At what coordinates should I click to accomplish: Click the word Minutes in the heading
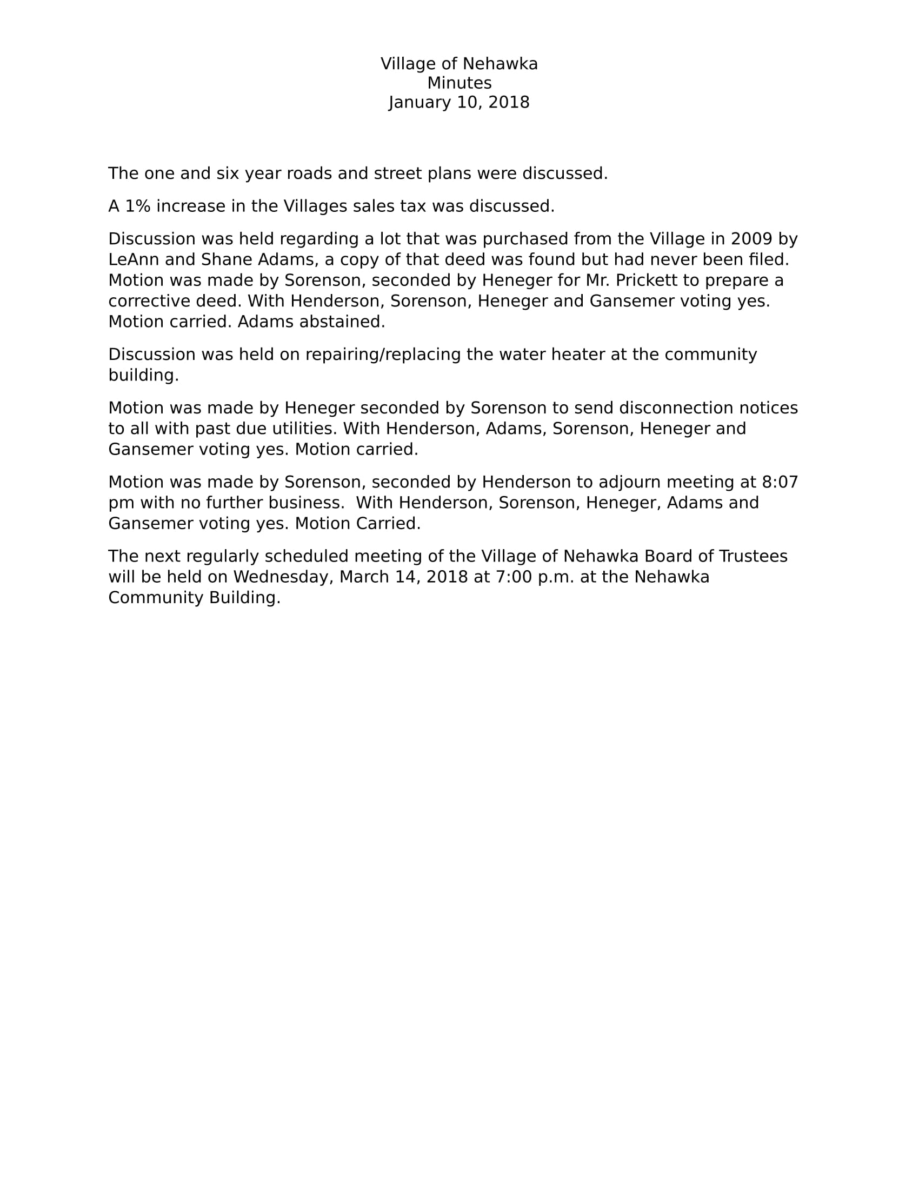pos(459,83)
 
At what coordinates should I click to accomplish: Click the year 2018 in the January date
pos(509,102)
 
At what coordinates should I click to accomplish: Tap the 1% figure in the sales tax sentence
pos(137,206)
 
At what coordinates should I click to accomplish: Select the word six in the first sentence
pos(228,173)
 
